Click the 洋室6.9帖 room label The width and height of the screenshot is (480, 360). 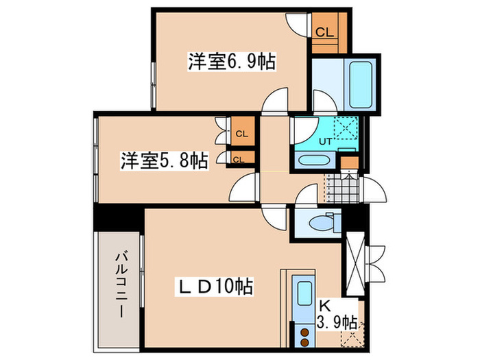coord(231,63)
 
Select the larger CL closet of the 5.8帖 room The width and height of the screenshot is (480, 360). coord(241,133)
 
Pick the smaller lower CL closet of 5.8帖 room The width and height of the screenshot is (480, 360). coord(238,160)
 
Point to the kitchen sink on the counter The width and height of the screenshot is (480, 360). coord(302,295)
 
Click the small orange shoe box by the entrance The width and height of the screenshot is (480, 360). coord(349,163)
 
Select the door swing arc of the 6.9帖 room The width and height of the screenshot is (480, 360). coord(276,101)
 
